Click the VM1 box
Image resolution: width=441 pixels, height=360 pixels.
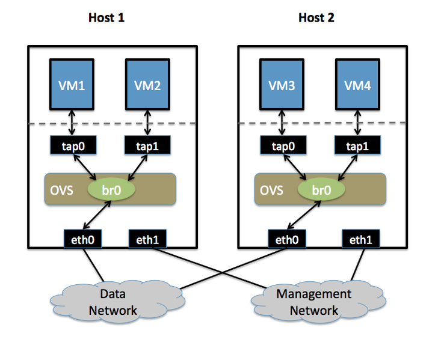click(x=72, y=85)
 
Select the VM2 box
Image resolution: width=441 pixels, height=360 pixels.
click(x=148, y=85)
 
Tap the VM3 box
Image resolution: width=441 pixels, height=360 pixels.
click(x=283, y=85)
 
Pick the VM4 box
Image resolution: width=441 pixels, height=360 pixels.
click(x=358, y=85)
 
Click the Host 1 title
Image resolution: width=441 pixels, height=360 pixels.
click(x=106, y=17)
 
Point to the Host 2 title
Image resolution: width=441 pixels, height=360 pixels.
click(x=316, y=17)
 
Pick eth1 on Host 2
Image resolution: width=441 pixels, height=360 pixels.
click(x=360, y=239)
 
